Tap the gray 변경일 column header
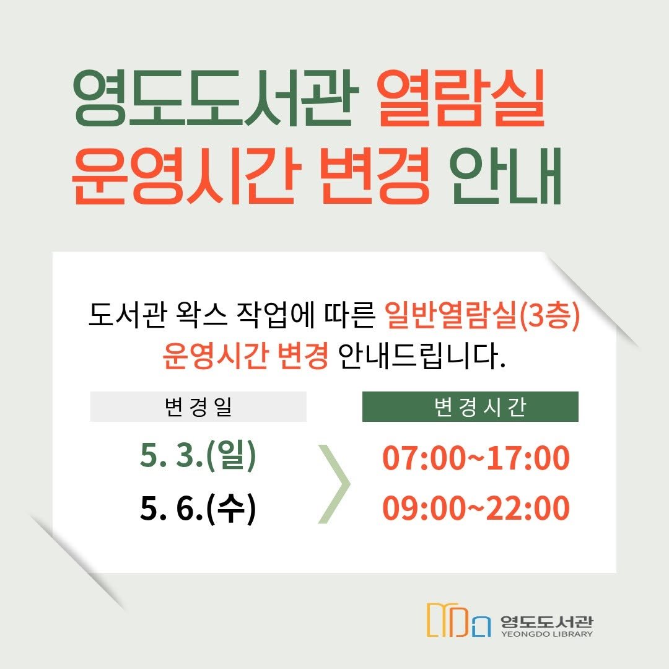(198, 407)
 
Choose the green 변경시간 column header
(470, 407)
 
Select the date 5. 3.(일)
(198, 457)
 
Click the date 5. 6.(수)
(198, 509)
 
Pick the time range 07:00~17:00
(476, 458)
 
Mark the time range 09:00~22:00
(476, 509)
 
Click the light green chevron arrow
(334, 483)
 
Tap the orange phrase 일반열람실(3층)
(481, 317)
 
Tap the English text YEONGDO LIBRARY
(546, 634)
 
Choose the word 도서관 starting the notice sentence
(126, 317)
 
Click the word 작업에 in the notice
(278, 317)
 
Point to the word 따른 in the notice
(350, 317)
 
